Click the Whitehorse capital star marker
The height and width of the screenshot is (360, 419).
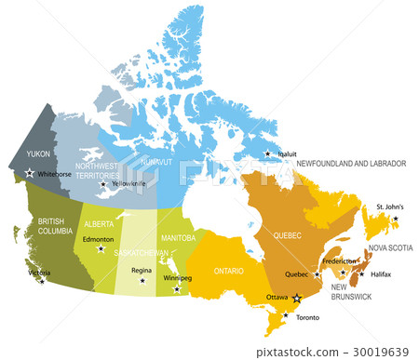[30, 173]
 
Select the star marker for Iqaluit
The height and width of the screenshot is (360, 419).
[268, 154]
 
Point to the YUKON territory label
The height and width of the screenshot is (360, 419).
[38, 153]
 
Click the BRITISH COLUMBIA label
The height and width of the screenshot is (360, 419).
[58, 227]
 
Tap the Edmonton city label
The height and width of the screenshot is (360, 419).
[97, 240]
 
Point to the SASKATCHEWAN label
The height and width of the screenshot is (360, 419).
[142, 253]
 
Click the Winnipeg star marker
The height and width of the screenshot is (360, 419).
[177, 289]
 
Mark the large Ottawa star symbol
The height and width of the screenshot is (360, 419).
[297, 299]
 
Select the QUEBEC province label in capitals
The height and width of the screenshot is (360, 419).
[288, 236]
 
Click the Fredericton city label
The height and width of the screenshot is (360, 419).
[341, 261]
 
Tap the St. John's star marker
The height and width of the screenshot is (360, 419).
[395, 219]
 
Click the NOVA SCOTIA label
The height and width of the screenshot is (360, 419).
[389, 248]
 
